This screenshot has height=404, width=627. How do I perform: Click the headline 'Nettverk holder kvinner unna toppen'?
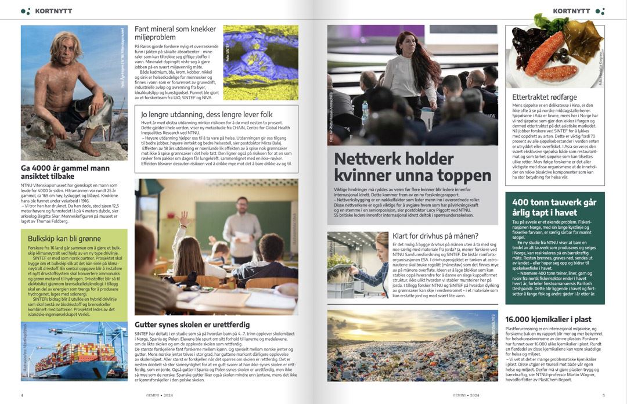[x=404, y=167]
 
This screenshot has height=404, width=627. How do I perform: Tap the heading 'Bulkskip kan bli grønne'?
[x=64, y=238]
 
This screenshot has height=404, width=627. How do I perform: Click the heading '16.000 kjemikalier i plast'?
[x=548, y=319]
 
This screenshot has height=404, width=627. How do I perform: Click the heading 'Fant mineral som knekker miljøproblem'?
[x=175, y=33]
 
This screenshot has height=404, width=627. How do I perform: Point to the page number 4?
[x=22, y=395]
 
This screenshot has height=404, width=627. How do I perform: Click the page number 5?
[x=603, y=395]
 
